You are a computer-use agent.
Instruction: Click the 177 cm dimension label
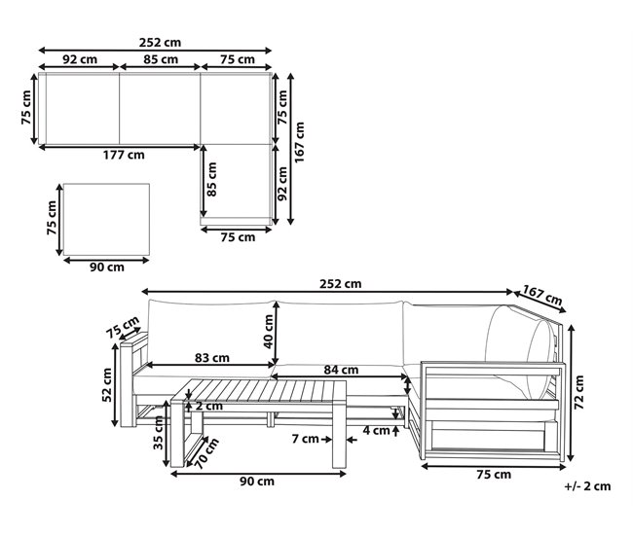tap(124, 155)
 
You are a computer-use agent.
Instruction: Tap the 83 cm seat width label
tap(212, 358)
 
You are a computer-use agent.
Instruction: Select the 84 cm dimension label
tap(341, 370)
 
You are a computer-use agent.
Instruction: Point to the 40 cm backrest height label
tap(269, 332)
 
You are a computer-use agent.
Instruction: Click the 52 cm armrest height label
tap(107, 385)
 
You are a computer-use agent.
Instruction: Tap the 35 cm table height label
tap(159, 433)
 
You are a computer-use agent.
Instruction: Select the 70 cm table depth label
tap(206, 453)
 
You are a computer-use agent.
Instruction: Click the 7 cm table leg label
tap(305, 439)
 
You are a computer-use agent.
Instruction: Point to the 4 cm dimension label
tap(376, 430)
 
